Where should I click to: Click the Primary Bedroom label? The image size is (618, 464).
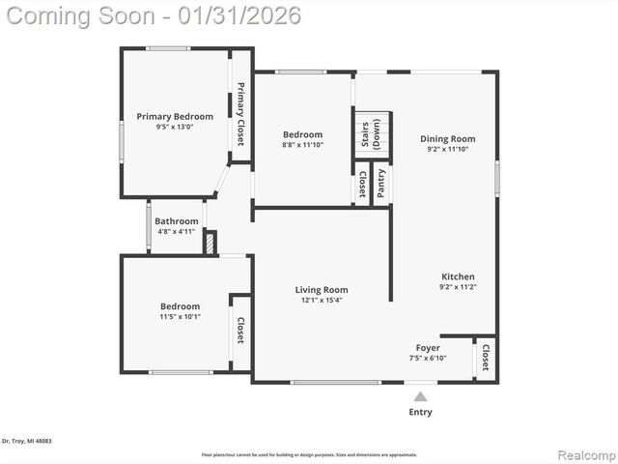(174, 117)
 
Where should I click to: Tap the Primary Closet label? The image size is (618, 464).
(240, 114)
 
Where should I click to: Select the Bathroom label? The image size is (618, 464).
(176, 221)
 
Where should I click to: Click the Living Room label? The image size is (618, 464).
(321, 290)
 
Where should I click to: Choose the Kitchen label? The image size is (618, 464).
(458, 276)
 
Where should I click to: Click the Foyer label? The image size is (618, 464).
(428, 348)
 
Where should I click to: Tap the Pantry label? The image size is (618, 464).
(381, 184)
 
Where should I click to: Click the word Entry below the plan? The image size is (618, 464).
(421, 412)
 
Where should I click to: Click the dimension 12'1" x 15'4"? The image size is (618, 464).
(321, 300)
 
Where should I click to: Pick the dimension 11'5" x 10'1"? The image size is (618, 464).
(180, 316)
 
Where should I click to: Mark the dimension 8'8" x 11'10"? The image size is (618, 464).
(302, 145)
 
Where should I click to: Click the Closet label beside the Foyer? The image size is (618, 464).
(486, 358)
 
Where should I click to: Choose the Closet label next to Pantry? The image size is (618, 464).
(362, 182)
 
